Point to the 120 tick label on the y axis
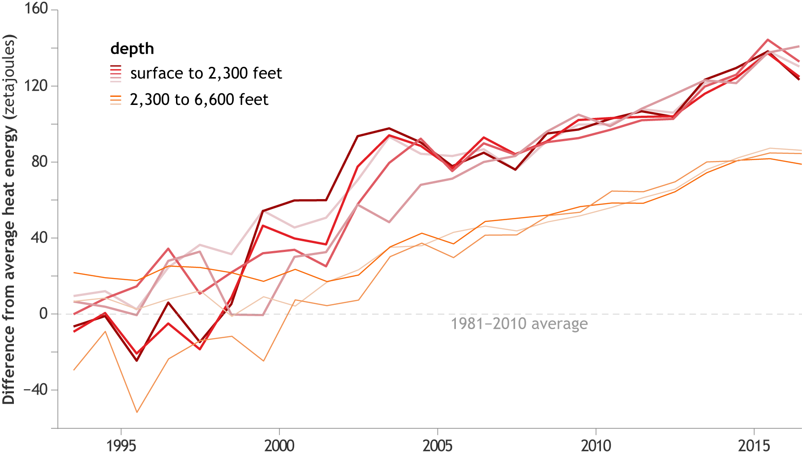pyautogui.click(x=36, y=85)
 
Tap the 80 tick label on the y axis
pyautogui.click(x=39, y=161)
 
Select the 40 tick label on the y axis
pyautogui.click(x=39, y=238)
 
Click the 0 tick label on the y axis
pyautogui.click(x=43, y=313)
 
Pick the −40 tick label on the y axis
pyautogui.click(x=36, y=389)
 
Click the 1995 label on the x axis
pyautogui.click(x=121, y=445)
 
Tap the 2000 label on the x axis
pyautogui.click(x=279, y=445)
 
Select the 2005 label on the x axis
pyautogui.click(x=437, y=445)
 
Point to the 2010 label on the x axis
pyautogui.click(x=596, y=445)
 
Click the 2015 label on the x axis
pyautogui.click(x=754, y=445)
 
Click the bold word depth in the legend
pyautogui.click(x=132, y=48)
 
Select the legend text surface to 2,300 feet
pyautogui.click(x=206, y=73)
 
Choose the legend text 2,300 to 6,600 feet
pyautogui.click(x=199, y=100)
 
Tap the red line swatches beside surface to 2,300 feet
pyautogui.click(x=116, y=74)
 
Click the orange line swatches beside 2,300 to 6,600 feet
pyautogui.click(x=116, y=100)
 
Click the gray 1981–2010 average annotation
pyautogui.click(x=519, y=324)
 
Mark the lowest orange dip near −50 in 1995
pyautogui.click(x=137, y=412)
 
